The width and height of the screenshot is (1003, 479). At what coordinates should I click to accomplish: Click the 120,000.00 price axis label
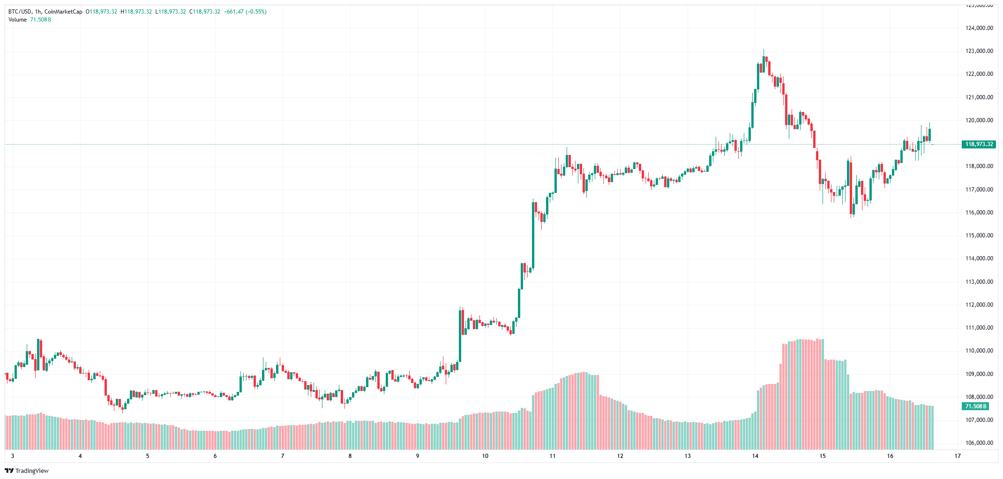pos(979,120)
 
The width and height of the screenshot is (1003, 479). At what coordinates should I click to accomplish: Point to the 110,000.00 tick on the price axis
pos(979,351)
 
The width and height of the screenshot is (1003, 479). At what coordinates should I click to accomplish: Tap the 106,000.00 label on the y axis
pos(979,443)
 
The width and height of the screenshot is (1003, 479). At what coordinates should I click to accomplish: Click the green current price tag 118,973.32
pos(979,144)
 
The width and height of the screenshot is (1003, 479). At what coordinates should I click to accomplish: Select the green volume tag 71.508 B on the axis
pos(975,406)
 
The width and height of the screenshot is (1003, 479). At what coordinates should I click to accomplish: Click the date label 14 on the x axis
pos(755,456)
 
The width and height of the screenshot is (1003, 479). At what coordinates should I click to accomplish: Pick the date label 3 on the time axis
pos(13,456)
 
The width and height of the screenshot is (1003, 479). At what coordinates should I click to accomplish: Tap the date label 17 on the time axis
pos(958,456)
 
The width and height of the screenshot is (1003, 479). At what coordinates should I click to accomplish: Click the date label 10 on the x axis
pos(485,456)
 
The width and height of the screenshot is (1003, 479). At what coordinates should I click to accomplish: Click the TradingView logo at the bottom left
pos(27,471)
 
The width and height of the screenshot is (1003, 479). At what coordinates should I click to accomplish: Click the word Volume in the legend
pos(17,20)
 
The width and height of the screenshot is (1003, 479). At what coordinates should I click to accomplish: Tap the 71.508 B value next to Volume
pos(41,20)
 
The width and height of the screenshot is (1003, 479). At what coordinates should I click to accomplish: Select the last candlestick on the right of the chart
pos(929,134)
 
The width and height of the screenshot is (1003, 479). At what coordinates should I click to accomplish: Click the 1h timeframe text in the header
pos(38,12)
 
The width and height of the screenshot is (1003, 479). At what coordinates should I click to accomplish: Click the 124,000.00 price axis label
pos(979,28)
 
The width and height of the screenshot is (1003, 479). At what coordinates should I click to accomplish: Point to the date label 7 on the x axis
pos(283,456)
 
